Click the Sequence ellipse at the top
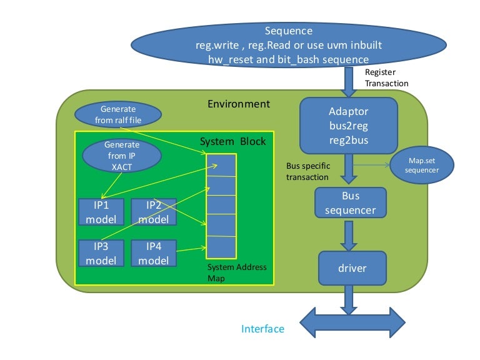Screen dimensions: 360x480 point(288,44)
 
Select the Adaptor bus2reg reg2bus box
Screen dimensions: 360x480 point(348,126)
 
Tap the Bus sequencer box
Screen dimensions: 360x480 point(350,203)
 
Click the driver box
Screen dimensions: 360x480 point(351,268)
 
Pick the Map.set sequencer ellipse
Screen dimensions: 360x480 point(421,166)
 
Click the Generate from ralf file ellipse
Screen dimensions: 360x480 point(118,114)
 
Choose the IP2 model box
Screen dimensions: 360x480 point(153,212)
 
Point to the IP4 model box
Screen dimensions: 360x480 point(153,253)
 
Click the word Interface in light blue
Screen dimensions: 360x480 point(262,329)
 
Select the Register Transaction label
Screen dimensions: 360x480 point(386,78)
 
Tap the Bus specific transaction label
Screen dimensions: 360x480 point(307,171)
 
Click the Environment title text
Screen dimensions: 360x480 point(239,104)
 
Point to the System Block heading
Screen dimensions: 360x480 point(232,142)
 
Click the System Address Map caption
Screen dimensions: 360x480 point(237,272)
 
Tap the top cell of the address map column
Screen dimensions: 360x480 point(221,166)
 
